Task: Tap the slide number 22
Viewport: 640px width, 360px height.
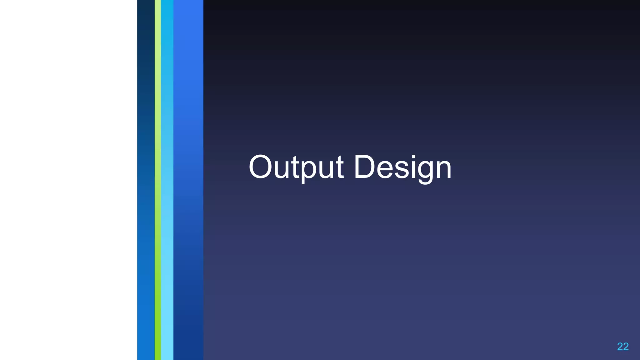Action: point(622,347)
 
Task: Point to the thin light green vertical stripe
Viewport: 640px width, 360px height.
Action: point(158,180)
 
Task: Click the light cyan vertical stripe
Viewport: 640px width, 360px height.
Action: point(167,180)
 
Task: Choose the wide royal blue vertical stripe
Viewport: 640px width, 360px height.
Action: point(188,180)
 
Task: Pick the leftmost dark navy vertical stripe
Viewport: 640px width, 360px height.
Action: point(146,180)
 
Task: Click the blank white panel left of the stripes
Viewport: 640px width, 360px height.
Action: point(68,180)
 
